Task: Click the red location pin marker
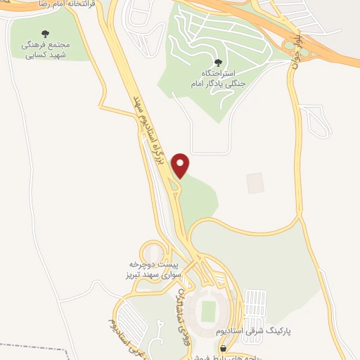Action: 181,165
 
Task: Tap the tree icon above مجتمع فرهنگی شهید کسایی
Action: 46,34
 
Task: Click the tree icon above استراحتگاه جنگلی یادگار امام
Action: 217,63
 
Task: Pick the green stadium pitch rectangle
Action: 208,310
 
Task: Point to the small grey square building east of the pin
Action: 255,183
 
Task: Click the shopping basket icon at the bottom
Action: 224,348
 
